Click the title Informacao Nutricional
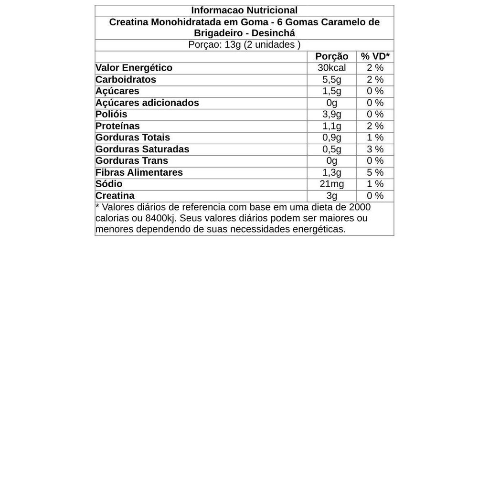click(x=244, y=11)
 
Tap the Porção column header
click(x=331, y=56)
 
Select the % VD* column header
click(x=375, y=56)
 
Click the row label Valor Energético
click(x=134, y=68)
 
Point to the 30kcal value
click(x=331, y=68)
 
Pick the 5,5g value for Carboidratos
click(x=331, y=80)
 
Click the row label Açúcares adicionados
click(x=147, y=103)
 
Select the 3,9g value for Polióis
click(x=331, y=114)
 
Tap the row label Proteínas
click(x=117, y=126)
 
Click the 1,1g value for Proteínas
click(x=331, y=126)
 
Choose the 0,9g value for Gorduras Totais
click(x=331, y=138)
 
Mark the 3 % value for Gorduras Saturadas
click(x=375, y=149)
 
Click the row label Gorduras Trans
click(x=132, y=161)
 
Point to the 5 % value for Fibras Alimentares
click(x=375, y=172)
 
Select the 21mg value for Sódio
click(x=331, y=184)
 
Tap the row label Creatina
click(x=115, y=196)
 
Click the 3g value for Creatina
click(x=331, y=196)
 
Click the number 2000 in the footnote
click(x=360, y=207)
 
